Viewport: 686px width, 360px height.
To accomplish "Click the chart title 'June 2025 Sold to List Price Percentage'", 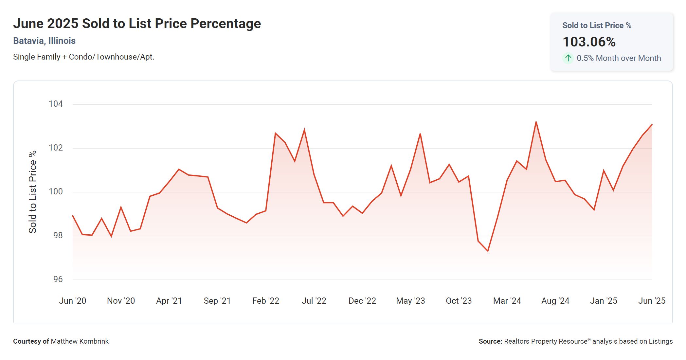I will (x=137, y=24).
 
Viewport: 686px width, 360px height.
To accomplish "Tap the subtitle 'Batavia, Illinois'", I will (x=44, y=41).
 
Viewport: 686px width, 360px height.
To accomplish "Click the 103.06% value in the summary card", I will (x=589, y=42).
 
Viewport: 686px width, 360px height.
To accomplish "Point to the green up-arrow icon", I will (x=568, y=58).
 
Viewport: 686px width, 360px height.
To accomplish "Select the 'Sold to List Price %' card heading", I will (x=597, y=26).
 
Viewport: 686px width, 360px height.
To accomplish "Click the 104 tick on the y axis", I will (x=56, y=104).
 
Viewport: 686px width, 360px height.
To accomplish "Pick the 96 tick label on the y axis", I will (x=58, y=279).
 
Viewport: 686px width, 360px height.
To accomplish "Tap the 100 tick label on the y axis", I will (x=56, y=191).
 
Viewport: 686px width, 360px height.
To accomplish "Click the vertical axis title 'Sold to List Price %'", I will (x=33, y=192).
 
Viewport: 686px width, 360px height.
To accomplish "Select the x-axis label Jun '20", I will (x=72, y=301).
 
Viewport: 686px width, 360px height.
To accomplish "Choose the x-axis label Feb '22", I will (x=265, y=301).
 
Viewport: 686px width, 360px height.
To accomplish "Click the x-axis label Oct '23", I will (x=459, y=301).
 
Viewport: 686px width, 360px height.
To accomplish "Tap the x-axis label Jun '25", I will (x=651, y=301).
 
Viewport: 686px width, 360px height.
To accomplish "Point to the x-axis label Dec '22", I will (x=362, y=301).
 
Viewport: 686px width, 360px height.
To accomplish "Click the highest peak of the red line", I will (x=536, y=122).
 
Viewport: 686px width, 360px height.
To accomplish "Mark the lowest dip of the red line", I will (x=488, y=251).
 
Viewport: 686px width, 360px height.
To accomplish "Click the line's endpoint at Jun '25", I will (x=652, y=125).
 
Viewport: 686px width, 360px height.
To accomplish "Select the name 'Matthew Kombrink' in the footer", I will (x=80, y=341).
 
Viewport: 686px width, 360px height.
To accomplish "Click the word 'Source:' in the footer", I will (x=490, y=341).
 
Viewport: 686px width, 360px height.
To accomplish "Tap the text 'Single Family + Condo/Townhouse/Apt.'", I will (x=83, y=57).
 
